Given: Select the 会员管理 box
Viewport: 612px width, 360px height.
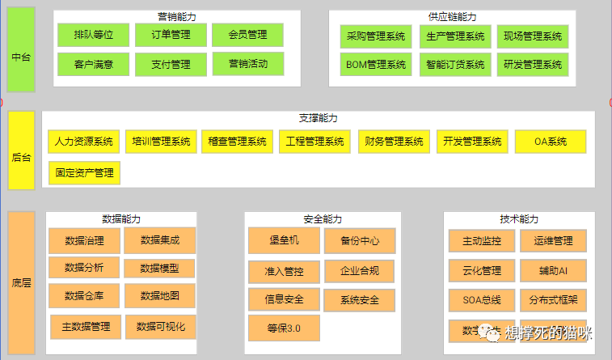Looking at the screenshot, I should click(247, 36).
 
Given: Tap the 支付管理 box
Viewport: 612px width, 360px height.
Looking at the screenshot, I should click(171, 64).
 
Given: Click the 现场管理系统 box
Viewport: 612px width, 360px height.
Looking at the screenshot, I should click(532, 36).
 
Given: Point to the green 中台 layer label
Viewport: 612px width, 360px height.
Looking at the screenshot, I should click(22, 57).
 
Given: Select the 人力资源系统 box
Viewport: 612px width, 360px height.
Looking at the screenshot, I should click(84, 142).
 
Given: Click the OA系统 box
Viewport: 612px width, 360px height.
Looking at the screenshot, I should click(551, 142).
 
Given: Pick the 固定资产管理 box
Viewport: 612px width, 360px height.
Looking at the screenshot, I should click(84, 172).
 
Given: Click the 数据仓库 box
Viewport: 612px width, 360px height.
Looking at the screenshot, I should click(85, 295).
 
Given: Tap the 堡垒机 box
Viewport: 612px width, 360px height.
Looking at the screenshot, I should click(284, 241).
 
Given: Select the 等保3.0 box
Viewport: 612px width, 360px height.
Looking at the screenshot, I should click(284, 328).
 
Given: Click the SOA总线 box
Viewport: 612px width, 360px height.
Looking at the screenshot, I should click(481, 300).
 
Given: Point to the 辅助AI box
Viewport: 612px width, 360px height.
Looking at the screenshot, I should click(553, 270).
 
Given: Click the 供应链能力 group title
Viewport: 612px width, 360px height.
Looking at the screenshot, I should click(452, 16).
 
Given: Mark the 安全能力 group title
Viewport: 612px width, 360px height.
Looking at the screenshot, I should click(323, 219).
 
